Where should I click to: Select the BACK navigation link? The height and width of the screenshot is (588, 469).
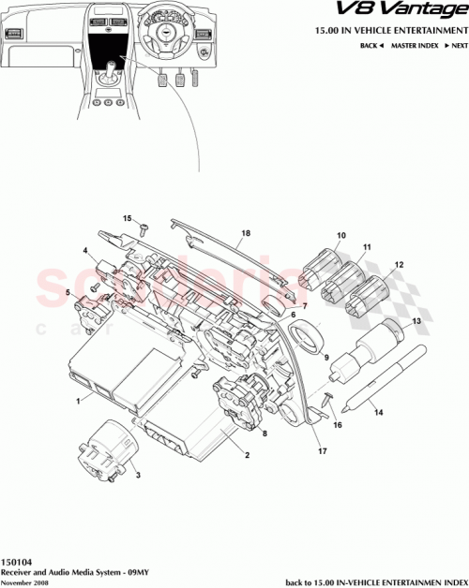(371, 45)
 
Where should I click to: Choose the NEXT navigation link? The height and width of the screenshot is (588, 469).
(456, 45)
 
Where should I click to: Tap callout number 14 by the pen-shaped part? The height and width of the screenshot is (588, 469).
(378, 410)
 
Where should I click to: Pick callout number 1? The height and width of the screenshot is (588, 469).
(78, 398)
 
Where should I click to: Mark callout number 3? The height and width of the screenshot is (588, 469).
(139, 475)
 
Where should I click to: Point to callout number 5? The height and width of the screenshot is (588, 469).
(68, 293)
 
